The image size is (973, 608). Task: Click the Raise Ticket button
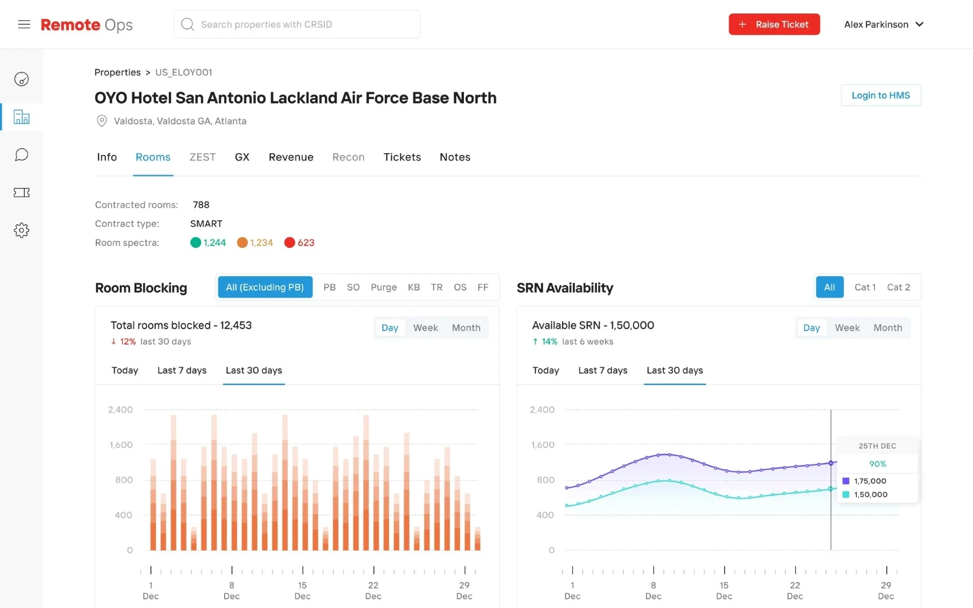(x=774, y=24)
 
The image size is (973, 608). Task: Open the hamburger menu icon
(x=24, y=24)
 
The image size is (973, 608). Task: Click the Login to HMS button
(x=881, y=95)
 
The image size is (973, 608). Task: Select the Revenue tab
(x=291, y=157)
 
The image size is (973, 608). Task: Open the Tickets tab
(x=402, y=157)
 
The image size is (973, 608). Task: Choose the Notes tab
(x=455, y=157)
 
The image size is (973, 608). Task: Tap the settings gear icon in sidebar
(x=21, y=230)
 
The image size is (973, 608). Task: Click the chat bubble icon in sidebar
(x=21, y=155)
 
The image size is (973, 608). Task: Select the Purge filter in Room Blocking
(x=383, y=287)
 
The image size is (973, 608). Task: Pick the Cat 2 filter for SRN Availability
(x=898, y=287)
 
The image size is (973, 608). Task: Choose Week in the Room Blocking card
(x=425, y=328)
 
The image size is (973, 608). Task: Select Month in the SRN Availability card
(x=887, y=328)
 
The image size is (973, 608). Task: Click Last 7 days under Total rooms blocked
(x=182, y=370)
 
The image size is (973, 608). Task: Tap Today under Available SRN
(x=546, y=370)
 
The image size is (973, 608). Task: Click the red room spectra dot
(x=289, y=243)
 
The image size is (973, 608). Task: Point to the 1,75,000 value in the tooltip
(x=870, y=481)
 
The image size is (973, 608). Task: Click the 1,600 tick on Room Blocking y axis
(x=121, y=445)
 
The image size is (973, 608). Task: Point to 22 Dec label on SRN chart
(x=795, y=591)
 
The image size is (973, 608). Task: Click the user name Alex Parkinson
(x=876, y=24)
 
